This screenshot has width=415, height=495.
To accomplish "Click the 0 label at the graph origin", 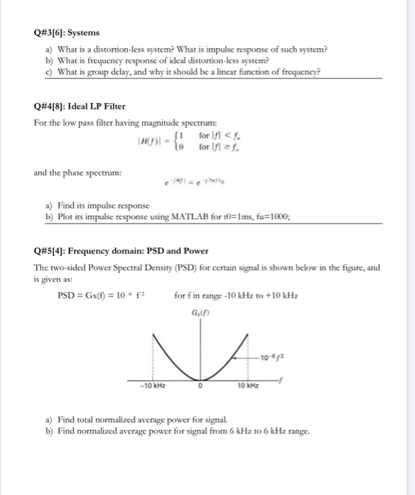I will click(x=201, y=386).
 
